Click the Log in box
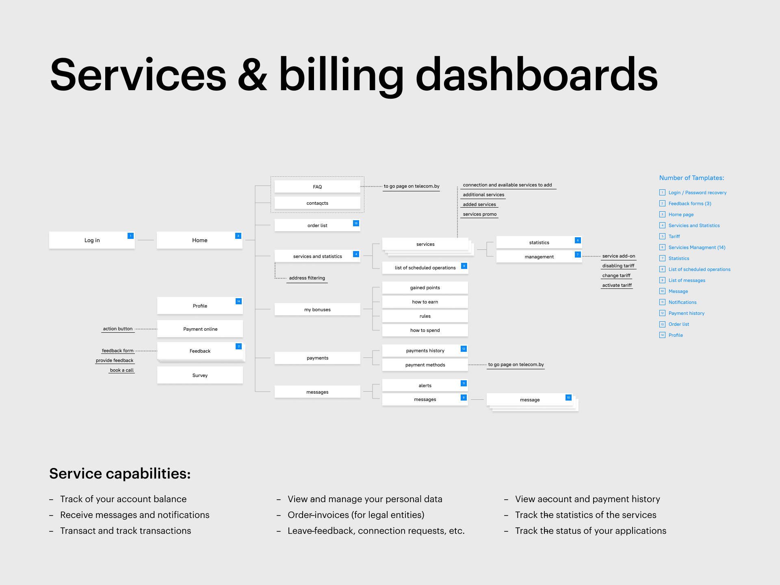click(x=92, y=240)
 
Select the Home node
click(x=199, y=240)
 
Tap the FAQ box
click(x=317, y=187)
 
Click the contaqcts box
click(x=317, y=203)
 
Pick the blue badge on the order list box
click(x=356, y=223)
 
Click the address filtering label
click(x=307, y=278)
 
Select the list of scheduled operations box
click(x=425, y=268)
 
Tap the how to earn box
click(x=425, y=302)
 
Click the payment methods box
click(x=425, y=365)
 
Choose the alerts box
click(x=425, y=386)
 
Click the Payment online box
click(x=200, y=329)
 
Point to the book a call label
click(x=121, y=370)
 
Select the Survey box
click(x=200, y=375)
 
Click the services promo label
click(x=479, y=214)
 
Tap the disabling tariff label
click(x=618, y=266)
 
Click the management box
click(x=539, y=257)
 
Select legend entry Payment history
click(x=686, y=313)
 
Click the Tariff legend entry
click(x=674, y=236)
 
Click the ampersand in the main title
click(x=252, y=76)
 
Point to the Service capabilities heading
click(x=120, y=474)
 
